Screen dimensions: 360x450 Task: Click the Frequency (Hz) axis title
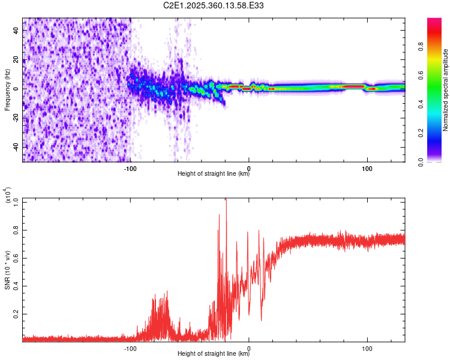coord(7,89)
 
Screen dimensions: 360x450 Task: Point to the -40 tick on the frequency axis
coord(16,147)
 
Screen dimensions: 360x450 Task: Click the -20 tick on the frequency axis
coord(16,118)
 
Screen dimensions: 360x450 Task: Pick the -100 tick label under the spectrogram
coord(130,168)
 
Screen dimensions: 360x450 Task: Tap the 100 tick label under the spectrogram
coord(367,168)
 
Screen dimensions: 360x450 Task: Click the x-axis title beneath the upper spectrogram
coord(214,175)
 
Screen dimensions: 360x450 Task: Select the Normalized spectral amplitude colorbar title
coord(445,90)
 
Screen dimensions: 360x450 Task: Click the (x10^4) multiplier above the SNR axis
coord(8,196)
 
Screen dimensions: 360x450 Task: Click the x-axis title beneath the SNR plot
coord(214,353)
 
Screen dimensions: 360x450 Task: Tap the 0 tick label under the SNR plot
coord(249,347)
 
